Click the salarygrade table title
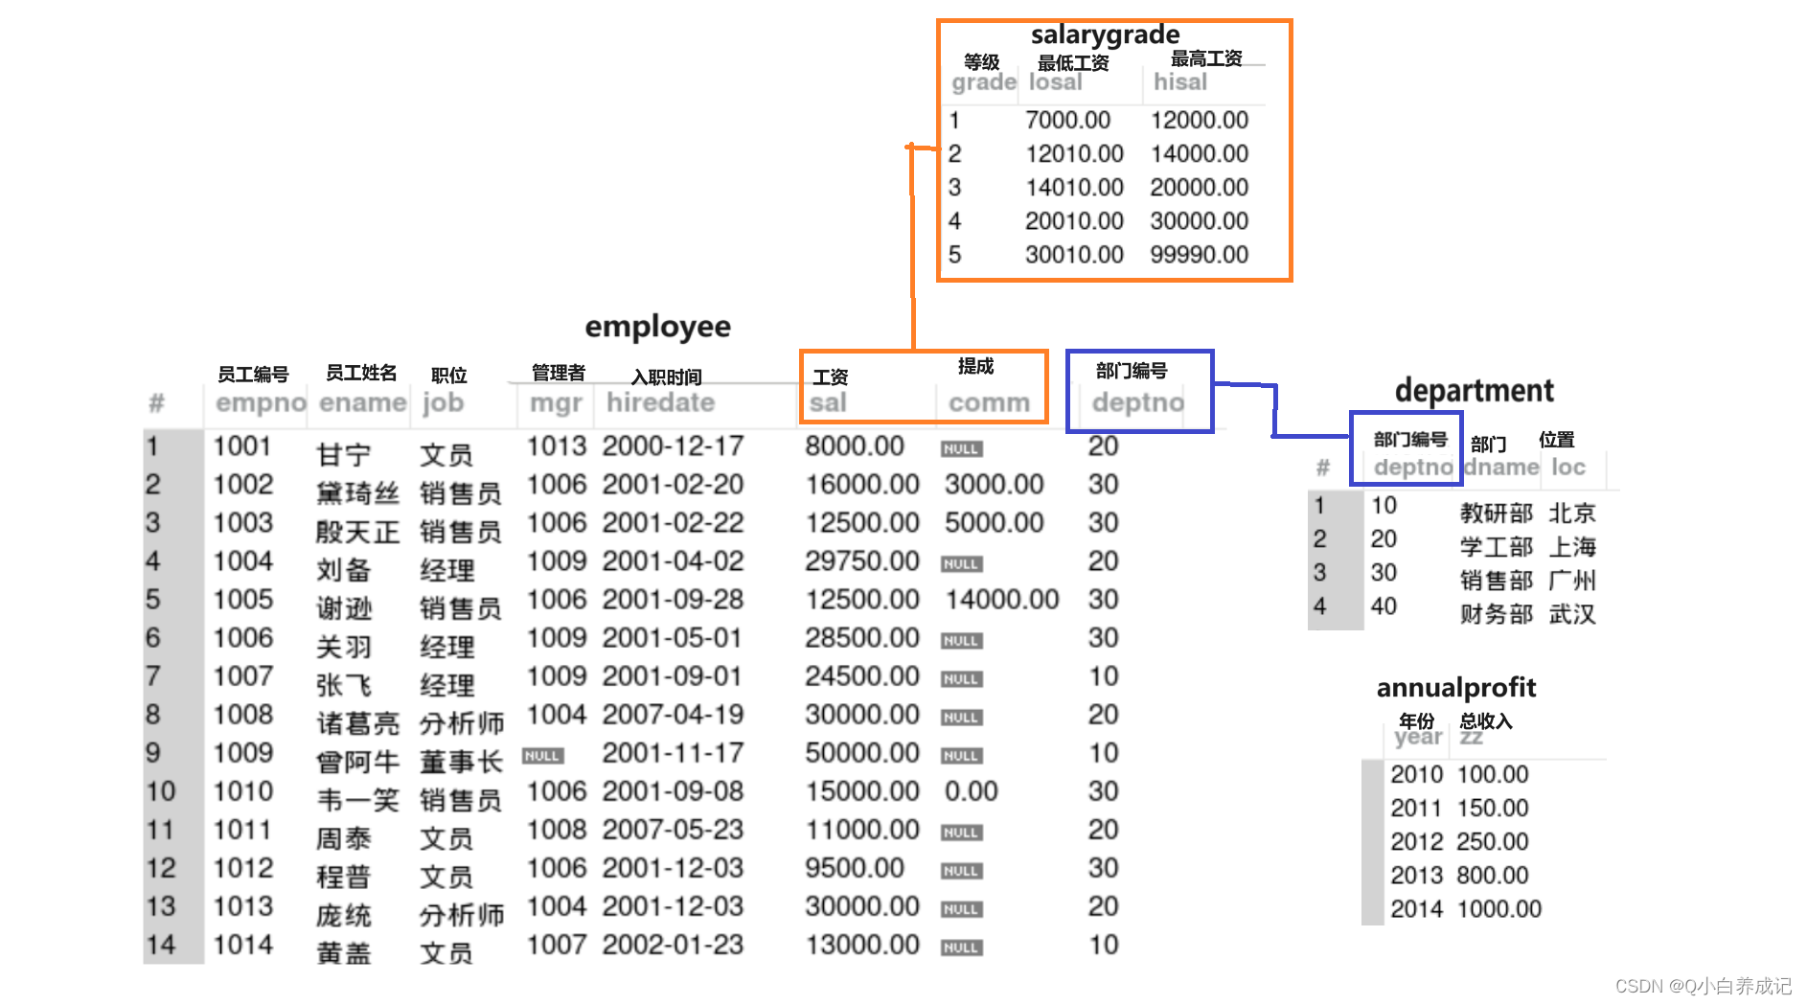pyautogui.click(x=1105, y=35)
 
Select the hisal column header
pyautogui.click(x=1179, y=82)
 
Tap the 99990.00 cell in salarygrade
pyautogui.click(x=1199, y=255)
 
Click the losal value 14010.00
pyautogui.click(x=1073, y=188)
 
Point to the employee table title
pyautogui.click(x=657, y=327)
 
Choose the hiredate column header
pyautogui.click(x=660, y=402)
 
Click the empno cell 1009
pyautogui.click(x=242, y=753)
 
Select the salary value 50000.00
pyautogui.click(x=861, y=753)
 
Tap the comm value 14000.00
pyautogui.click(x=1001, y=600)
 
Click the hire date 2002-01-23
pyautogui.click(x=673, y=945)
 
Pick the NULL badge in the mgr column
pyautogui.click(x=542, y=756)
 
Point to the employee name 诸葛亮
pyautogui.click(x=357, y=722)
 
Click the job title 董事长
pyautogui.click(x=461, y=762)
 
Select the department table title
pyautogui.click(x=1474, y=391)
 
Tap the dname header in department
pyautogui.click(x=1501, y=468)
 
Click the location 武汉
pyautogui.click(x=1572, y=614)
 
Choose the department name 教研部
pyautogui.click(x=1496, y=514)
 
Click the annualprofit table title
pyautogui.click(x=1455, y=688)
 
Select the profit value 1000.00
pyautogui.click(x=1498, y=909)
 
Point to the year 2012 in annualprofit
pyautogui.click(x=1416, y=842)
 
